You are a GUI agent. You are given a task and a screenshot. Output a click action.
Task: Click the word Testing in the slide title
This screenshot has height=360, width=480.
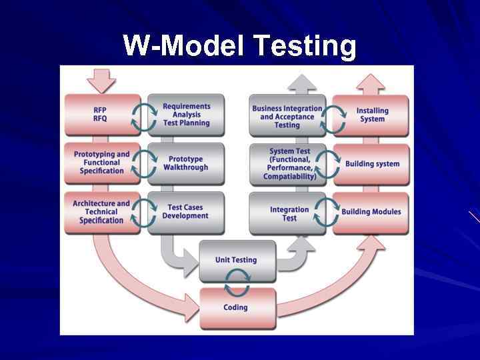(x=306, y=47)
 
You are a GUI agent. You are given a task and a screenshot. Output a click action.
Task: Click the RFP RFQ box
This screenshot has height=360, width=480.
(x=100, y=115)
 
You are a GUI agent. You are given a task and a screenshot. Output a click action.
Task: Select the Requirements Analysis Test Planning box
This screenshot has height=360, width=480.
(x=187, y=115)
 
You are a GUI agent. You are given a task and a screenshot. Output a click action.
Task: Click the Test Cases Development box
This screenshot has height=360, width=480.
(x=185, y=212)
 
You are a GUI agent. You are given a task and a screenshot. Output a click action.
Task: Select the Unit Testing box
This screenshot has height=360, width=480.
(x=236, y=260)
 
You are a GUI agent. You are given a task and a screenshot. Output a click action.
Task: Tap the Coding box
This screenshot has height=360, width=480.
(x=236, y=307)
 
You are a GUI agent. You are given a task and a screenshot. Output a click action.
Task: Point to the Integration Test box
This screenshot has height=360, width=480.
(x=289, y=213)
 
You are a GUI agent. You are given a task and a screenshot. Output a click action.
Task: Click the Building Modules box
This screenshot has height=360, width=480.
(x=371, y=212)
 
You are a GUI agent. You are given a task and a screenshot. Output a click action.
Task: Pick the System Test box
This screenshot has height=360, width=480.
(x=289, y=164)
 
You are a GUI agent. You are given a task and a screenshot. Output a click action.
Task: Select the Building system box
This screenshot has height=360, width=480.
(x=372, y=164)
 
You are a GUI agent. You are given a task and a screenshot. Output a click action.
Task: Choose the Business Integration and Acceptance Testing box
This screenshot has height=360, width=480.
(x=287, y=116)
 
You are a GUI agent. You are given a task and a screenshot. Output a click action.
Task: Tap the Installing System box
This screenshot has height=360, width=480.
(x=372, y=115)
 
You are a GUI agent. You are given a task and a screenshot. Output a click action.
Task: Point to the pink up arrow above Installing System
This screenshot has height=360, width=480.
(x=371, y=83)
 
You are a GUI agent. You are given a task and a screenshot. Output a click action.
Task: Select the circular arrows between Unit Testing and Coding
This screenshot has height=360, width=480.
(x=236, y=283)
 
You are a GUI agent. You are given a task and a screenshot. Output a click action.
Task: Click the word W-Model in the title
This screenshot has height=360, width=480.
(x=185, y=47)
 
